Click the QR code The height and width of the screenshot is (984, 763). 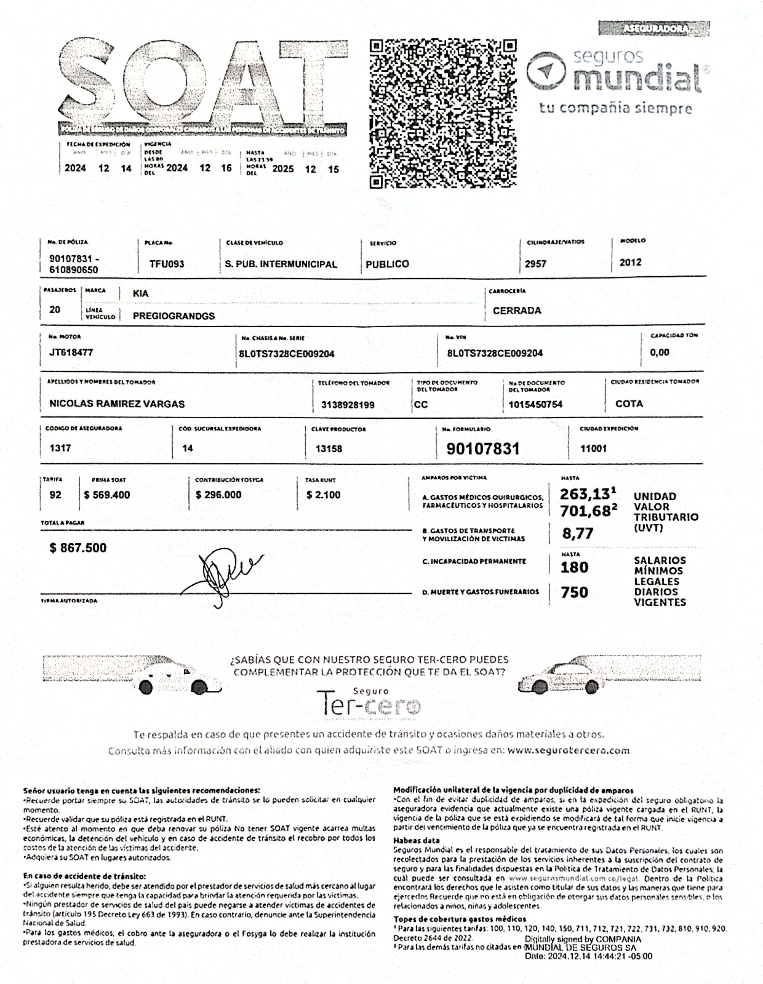443,114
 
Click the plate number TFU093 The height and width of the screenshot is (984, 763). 167,264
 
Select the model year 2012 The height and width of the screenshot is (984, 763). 630,262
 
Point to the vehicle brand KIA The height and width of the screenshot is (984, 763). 140,294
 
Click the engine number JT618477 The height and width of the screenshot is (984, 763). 71,352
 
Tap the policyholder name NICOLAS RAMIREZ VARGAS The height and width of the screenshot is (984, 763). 117,404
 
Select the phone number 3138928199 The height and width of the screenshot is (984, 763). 348,405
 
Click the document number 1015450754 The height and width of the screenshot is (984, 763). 535,404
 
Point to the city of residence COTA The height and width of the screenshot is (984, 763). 629,404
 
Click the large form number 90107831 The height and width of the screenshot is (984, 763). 483,449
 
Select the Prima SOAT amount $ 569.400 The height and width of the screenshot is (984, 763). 107,495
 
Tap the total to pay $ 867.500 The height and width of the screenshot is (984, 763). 78,548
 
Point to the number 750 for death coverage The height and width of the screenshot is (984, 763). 574,592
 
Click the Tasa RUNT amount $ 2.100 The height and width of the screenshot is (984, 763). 323,495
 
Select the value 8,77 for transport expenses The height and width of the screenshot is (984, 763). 577,534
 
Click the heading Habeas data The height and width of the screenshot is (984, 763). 416,840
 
